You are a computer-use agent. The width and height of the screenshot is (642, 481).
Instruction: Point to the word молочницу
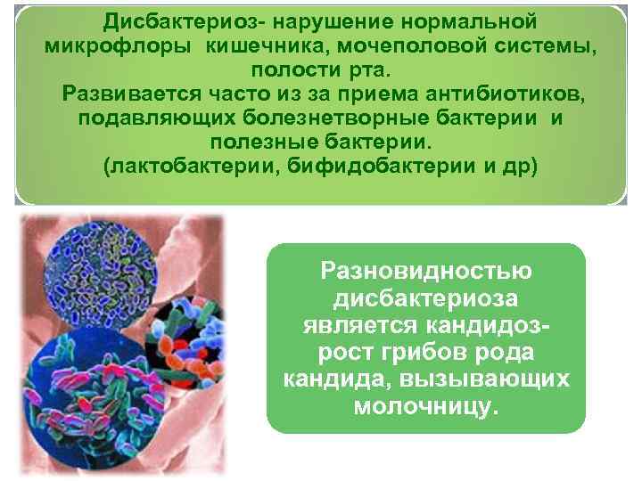[426, 407]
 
